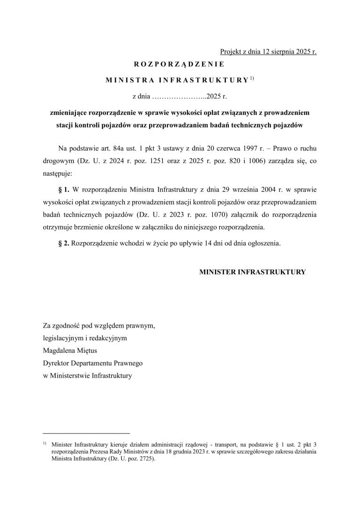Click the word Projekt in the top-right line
(232, 52)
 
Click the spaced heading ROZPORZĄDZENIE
(180, 65)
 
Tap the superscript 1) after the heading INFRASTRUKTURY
(252, 78)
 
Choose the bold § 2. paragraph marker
(63, 244)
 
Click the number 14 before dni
(210, 244)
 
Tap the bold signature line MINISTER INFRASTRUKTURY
(253, 272)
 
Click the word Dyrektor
(56, 363)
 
